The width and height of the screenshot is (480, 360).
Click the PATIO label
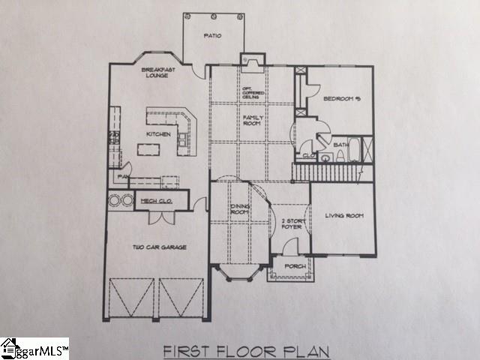coord(212,36)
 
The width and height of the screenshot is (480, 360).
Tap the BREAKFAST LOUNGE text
coord(158,72)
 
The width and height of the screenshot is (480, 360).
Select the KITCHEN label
coord(158,135)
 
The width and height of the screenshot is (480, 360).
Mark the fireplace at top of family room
coord(250,60)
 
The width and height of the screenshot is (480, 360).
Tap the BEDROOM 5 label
coord(341,99)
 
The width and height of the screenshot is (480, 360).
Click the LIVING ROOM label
coord(343,216)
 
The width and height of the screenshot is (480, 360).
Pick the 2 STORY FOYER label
coord(290,224)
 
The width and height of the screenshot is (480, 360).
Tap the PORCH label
coord(292,265)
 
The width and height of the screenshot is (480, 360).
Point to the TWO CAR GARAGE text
coord(159,247)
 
